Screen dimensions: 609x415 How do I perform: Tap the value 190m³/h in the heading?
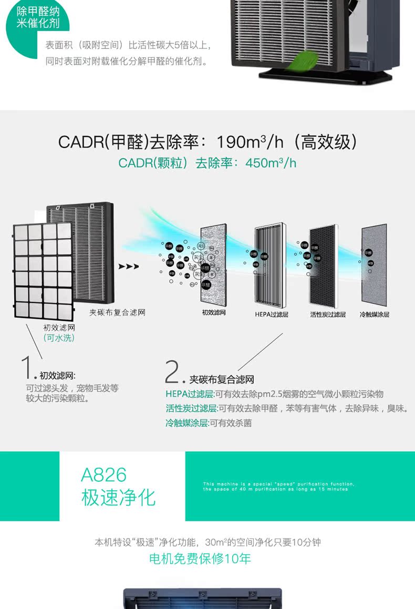251,141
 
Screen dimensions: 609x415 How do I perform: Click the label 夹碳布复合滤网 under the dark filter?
117,312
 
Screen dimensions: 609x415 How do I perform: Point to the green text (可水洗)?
58,338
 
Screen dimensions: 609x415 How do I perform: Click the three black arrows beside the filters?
129,267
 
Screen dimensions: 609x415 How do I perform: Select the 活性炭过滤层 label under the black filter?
328,314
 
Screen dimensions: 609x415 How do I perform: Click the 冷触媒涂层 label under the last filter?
375,314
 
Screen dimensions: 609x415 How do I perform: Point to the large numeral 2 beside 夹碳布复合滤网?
172,372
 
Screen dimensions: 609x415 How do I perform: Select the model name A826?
103,475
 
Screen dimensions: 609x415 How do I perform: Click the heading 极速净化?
118,497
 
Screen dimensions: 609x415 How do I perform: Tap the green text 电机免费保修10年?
200,559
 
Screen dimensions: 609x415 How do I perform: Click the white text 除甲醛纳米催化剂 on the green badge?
38,17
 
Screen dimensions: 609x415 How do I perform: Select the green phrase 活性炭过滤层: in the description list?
191,409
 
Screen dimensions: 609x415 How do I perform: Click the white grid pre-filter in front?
43,270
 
